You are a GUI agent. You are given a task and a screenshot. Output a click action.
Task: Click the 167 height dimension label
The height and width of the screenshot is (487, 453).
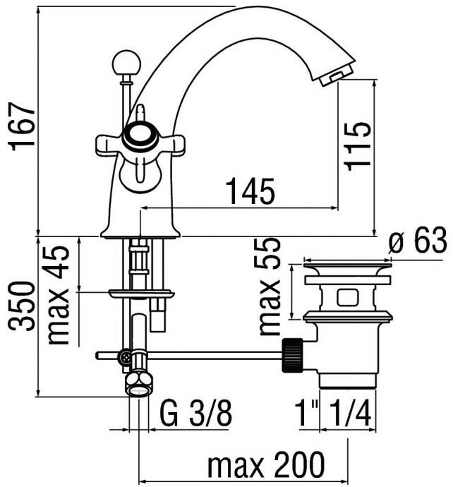tap(22, 126)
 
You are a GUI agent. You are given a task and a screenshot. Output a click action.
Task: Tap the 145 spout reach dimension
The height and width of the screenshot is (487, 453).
tap(250, 191)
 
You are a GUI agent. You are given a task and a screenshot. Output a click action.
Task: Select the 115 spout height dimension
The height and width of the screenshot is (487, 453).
tap(357, 146)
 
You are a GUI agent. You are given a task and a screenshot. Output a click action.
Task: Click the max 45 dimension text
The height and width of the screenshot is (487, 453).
tap(58, 295)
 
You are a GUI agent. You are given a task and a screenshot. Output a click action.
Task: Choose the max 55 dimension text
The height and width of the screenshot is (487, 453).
tap(269, 287)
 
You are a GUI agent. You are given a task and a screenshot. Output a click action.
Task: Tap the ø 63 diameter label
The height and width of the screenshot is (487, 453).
tap(418, 241)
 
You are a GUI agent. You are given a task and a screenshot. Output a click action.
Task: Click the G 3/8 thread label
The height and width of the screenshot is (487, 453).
tap(195, 414)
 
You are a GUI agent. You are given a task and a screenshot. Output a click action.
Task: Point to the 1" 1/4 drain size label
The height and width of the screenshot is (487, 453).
tap(334, 414)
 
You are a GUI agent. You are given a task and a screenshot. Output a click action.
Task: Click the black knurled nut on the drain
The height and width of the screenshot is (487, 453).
tap(292, 355)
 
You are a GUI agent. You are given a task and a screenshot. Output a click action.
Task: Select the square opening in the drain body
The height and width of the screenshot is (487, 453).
tap(349, 297)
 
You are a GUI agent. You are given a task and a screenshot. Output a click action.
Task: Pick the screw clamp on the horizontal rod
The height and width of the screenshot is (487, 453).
tap(126, 356)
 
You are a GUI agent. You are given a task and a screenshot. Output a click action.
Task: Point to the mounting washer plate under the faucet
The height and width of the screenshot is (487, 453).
tap(141, 294)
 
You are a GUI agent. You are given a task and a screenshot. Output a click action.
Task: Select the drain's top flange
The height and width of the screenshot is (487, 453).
tap(347, 266)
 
